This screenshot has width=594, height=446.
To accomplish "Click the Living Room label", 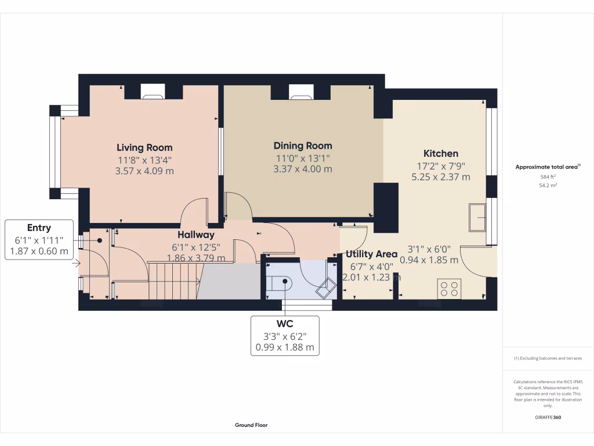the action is click(x=144, y=148).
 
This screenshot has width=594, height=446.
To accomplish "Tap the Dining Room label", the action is click(x=303, y=146).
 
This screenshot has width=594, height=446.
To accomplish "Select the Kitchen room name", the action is click(x=441, y=153).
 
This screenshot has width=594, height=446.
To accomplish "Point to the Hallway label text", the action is click(x=196, y=235).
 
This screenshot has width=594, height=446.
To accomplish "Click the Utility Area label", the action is click(x=371, y=254).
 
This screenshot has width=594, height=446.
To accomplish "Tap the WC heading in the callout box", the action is click(x=285, y=323).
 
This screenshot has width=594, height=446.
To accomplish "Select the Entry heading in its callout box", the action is click(x=39, y=228).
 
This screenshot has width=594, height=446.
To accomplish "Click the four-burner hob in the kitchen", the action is click(x=450, y=289).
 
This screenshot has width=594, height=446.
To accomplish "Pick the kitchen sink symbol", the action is click(x=477, y=217).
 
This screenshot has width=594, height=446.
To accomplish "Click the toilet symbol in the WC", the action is click(x=279, y=283).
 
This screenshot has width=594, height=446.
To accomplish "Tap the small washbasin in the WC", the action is click(x=326, y=288).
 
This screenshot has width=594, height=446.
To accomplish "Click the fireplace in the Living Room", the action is click(x=153, y=91).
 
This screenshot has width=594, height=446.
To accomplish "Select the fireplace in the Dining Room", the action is click(x=301, y=91).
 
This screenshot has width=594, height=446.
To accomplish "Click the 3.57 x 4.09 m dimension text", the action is click(x=144, y=171).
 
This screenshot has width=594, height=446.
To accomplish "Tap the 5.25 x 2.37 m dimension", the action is click(x=441, y=177).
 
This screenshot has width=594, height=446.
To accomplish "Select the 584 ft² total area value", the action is click(x=548, y=177).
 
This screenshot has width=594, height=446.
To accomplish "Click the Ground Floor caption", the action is click(x=251, y=425).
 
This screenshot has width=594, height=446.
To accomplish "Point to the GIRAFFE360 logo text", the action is click(x=548, y=417).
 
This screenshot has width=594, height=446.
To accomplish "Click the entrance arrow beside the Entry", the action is click(x=76, y=263).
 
